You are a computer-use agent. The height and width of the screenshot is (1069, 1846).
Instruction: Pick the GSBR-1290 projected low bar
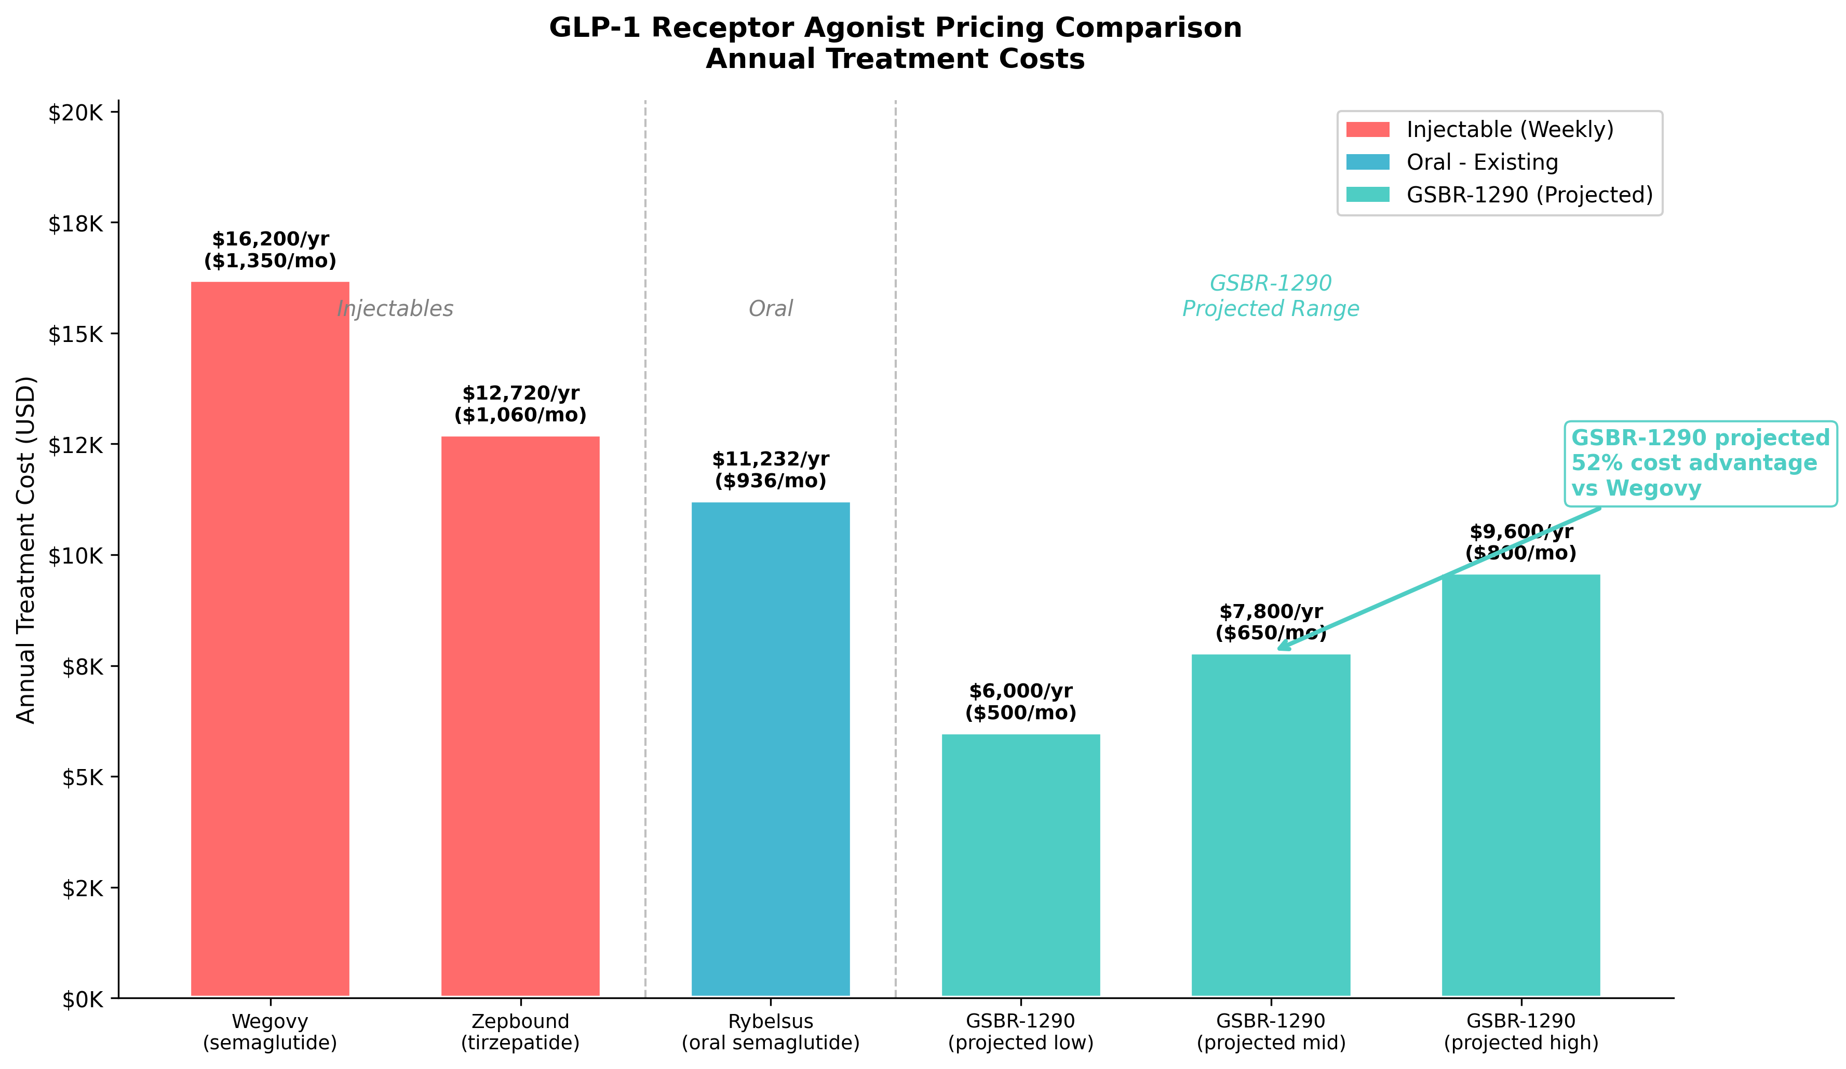(x=1020, y=864)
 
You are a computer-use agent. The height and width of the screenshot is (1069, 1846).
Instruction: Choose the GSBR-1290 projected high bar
(x=1521, y=784)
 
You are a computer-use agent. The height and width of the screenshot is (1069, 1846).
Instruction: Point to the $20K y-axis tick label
(x=75, y=113)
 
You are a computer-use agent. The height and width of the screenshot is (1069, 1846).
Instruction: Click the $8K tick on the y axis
(x=82, y=666)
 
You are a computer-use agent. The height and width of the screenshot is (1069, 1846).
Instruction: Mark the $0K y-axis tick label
(x=82, y=999)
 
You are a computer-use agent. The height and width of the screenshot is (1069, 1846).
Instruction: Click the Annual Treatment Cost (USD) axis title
(x=25, y=549)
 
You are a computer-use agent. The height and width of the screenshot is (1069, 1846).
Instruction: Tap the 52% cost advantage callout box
(x=1700, y=463)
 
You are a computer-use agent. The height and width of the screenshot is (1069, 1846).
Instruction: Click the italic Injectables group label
(x=395, y=308)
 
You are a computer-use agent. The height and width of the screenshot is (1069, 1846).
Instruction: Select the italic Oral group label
(x=770, y=308)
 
